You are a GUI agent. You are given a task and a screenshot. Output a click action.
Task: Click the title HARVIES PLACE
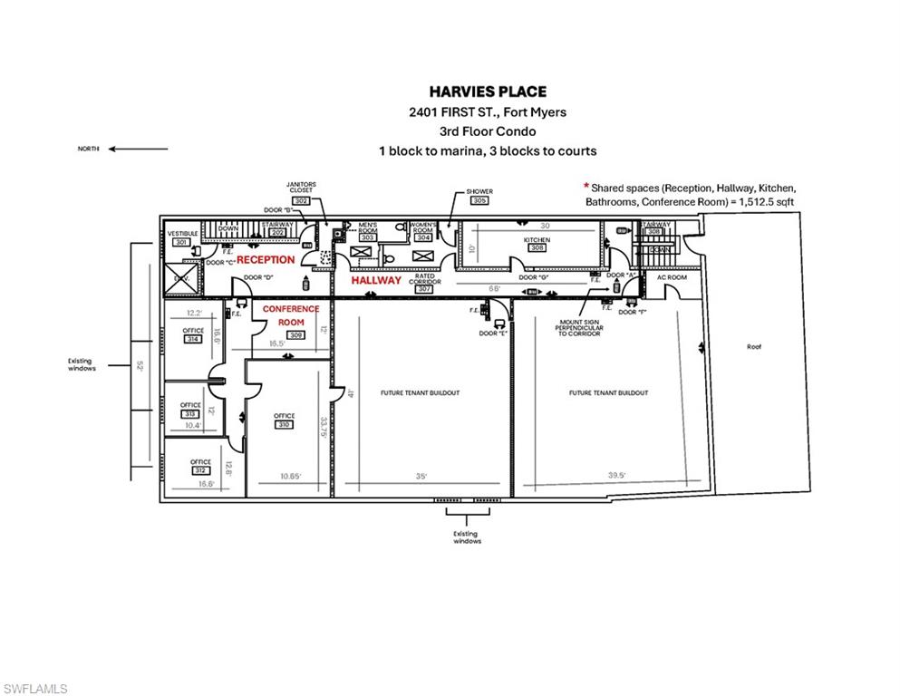487,92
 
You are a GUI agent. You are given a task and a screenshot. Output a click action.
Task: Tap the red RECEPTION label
266,260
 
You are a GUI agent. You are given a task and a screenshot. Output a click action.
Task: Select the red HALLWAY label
376,281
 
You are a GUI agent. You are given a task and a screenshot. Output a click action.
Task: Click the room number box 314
192,340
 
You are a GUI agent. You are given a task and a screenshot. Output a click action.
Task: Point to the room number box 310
285,424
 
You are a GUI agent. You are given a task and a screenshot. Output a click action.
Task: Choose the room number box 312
200,470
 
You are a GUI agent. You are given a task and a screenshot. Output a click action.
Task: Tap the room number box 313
190,413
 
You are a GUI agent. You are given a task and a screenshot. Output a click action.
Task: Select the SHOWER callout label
479,192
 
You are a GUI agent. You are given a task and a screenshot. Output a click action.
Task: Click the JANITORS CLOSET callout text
300,187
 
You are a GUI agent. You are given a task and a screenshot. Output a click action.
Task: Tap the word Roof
754,346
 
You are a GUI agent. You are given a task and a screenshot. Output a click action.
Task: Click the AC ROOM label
672,276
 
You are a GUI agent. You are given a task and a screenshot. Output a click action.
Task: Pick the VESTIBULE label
182,234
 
